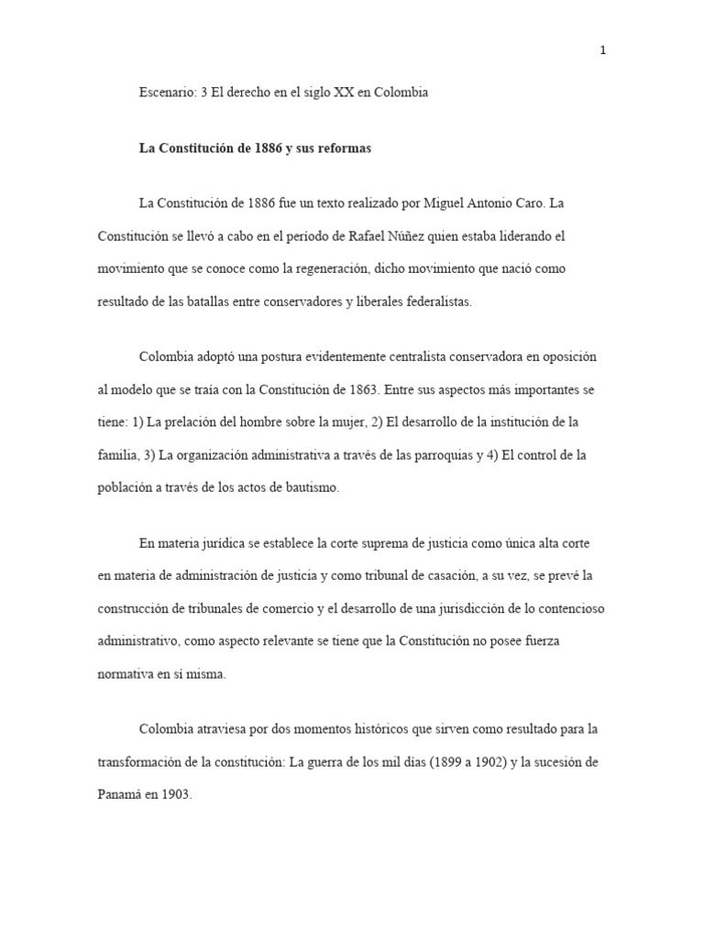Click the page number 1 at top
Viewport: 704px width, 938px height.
(x=602, y=50)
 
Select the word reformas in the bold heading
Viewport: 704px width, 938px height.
(x=341, y=148)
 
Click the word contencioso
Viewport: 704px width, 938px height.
(x=568, y=608)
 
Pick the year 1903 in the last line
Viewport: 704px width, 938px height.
(x=174, y=795)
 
